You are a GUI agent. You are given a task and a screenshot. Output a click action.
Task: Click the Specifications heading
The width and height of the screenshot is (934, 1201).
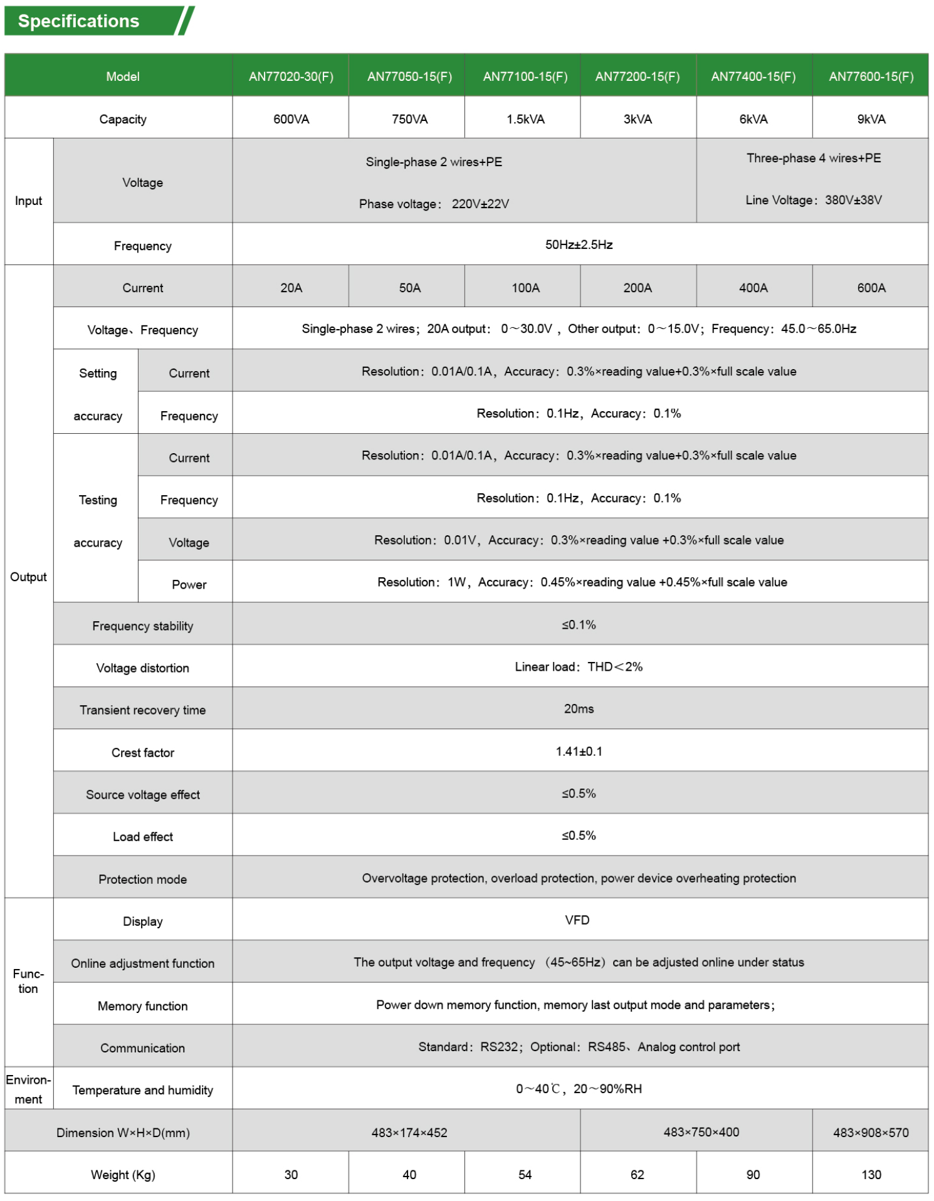(x=78, y=21)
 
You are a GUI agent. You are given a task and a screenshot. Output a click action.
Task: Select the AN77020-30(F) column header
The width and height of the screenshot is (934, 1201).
(x=291, y=76)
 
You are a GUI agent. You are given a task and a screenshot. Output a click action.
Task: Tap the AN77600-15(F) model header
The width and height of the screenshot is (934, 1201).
(x=871, y=76)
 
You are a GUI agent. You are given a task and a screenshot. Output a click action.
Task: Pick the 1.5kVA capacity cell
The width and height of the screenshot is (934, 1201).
(x=525, y=119)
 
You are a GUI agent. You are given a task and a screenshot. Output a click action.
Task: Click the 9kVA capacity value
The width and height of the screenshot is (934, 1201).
(x=871, y=119)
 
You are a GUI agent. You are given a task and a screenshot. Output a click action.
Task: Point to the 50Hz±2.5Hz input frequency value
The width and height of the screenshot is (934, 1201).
(x=579, y=244)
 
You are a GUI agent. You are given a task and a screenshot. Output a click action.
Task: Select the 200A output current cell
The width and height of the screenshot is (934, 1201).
(x=638, y=288)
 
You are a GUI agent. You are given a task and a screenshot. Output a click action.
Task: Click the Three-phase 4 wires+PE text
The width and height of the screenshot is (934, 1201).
(x=813, y=158)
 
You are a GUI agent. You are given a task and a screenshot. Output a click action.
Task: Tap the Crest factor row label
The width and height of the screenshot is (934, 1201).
(x=143, y=752)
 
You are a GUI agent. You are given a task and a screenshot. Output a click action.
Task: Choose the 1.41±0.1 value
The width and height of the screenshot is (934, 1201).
(x=579, y=751)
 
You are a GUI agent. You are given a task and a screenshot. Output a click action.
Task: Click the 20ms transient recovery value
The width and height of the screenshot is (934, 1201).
(x=579, y=709)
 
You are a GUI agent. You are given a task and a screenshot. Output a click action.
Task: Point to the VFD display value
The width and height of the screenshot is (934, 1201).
(x=577, y=920)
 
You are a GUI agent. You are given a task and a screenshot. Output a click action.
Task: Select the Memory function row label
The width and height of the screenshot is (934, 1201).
(x=143, y=1006)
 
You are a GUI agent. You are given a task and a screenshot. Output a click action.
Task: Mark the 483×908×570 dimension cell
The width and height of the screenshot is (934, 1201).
(x=871, y=1133)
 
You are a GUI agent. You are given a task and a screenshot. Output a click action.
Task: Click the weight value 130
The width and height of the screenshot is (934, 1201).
(x=871, y=1175)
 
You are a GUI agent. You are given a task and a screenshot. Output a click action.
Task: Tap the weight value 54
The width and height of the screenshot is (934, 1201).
(x=525, y=1175)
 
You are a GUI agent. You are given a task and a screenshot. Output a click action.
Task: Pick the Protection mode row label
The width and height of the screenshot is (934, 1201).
(x=143, y=879)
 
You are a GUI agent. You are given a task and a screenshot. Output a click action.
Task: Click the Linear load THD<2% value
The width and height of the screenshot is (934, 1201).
(x=579, y=667)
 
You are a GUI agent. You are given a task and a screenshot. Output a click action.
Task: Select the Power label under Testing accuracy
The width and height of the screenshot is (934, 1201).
(x=189, y=584)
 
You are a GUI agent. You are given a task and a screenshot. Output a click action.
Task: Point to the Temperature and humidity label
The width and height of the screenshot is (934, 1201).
(x=143, y=1090)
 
